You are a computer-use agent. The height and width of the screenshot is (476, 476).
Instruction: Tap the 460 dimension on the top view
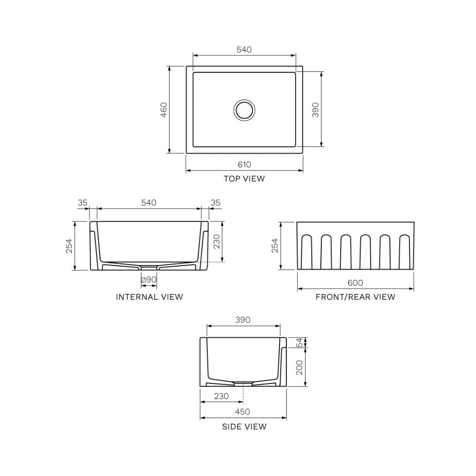164,110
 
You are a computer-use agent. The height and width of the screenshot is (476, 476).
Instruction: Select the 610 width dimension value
244,164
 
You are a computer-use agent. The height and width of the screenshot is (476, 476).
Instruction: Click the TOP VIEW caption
244,178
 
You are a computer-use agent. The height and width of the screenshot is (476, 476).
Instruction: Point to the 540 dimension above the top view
244,49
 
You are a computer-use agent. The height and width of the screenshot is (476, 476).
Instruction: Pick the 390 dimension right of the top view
316,110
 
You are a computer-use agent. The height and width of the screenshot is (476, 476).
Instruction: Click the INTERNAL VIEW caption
149,297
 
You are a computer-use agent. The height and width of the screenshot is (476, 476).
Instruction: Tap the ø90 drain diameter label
149,279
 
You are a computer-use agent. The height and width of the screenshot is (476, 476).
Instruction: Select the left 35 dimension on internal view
82,202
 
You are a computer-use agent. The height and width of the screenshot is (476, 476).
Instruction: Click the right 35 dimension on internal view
216,202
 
